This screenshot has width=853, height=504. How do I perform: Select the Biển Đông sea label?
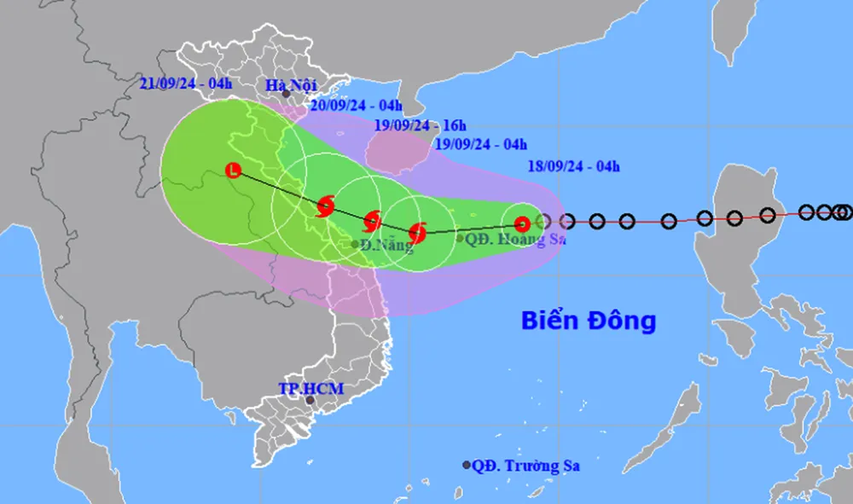tap(589, 321)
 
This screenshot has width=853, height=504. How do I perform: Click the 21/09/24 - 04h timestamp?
tap(186, 84)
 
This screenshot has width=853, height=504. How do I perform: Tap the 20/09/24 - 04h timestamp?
tap(356, 106)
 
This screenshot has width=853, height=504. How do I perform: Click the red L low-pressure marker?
tap(233, 171)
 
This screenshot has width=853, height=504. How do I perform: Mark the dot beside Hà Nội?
tap(286, 95)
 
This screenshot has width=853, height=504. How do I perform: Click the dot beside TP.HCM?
tap(310, 400)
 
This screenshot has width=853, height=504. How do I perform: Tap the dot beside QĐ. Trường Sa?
tap(467, 465)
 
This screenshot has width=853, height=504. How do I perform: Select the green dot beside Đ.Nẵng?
tap(356, 245)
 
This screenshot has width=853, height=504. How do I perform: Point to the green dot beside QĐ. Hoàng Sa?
tap(460, 238)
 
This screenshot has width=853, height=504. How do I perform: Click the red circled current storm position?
tap(522, 224)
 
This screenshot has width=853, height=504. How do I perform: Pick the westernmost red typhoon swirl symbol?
tap(325, 206)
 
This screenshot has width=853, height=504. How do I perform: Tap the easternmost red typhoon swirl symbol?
tap(417, 231)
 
